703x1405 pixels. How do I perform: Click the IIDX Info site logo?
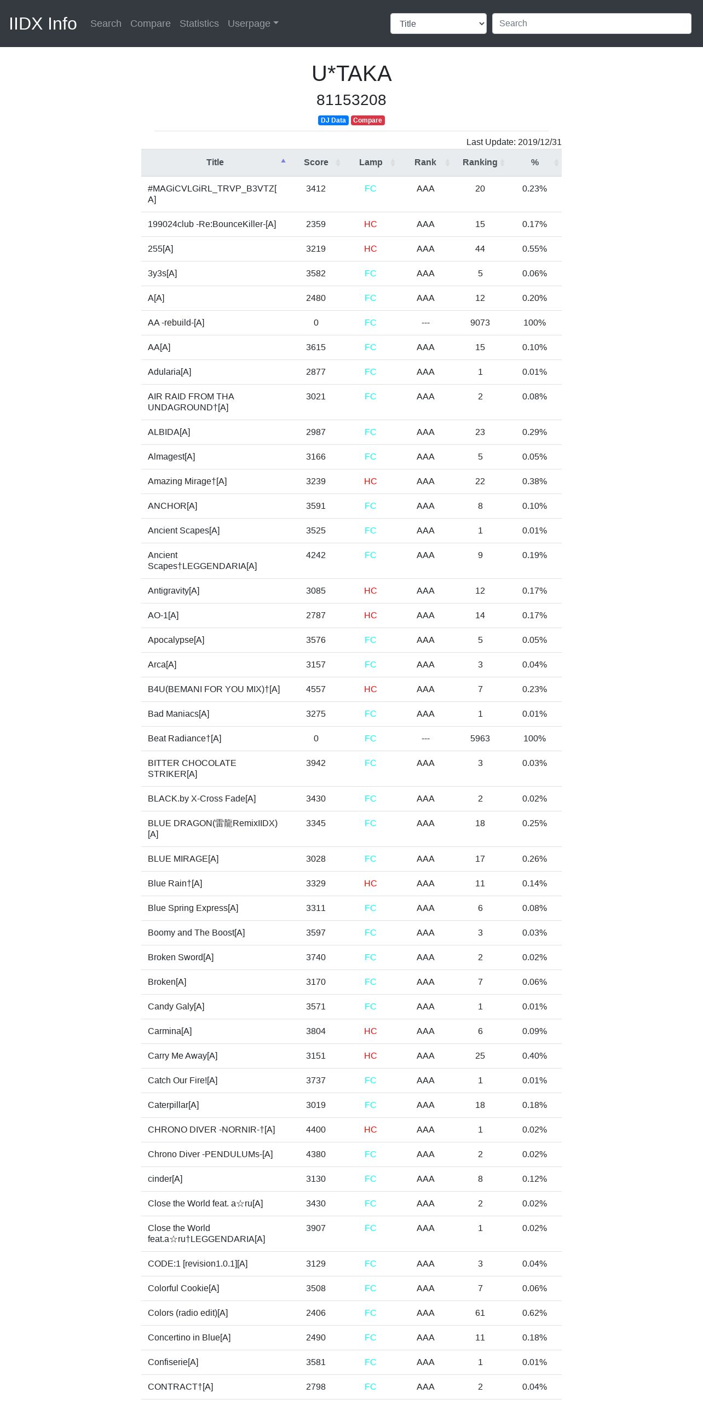coord(43,24)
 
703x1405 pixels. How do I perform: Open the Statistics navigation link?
coord(199,24)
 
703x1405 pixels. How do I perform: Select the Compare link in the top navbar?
coord(150,24)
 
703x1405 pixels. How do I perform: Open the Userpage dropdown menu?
coord(253,24)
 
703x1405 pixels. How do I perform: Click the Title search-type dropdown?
coord(438,24)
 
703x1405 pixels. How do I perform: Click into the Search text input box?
coord(591,24)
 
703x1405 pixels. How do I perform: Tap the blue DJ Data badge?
coord(333,120)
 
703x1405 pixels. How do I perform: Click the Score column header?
coord(316,162)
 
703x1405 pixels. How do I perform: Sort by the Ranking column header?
coord(480,162)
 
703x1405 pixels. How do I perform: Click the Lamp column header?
coord(371,162)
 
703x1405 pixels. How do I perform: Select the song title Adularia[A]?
coord(169,372)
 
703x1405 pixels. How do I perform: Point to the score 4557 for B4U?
coord(315,689)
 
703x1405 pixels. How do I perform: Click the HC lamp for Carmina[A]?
coord(370,1031)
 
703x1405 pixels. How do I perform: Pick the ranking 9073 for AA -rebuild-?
coord(480,323)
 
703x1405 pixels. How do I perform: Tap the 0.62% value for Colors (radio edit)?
coord(534,1313)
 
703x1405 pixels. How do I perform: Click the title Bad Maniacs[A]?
coord(178,714)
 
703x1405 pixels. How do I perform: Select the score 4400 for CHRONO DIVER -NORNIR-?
coord(315,1130)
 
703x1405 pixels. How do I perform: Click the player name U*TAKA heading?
coord(351,74)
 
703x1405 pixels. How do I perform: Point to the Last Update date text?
coord(514,142)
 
